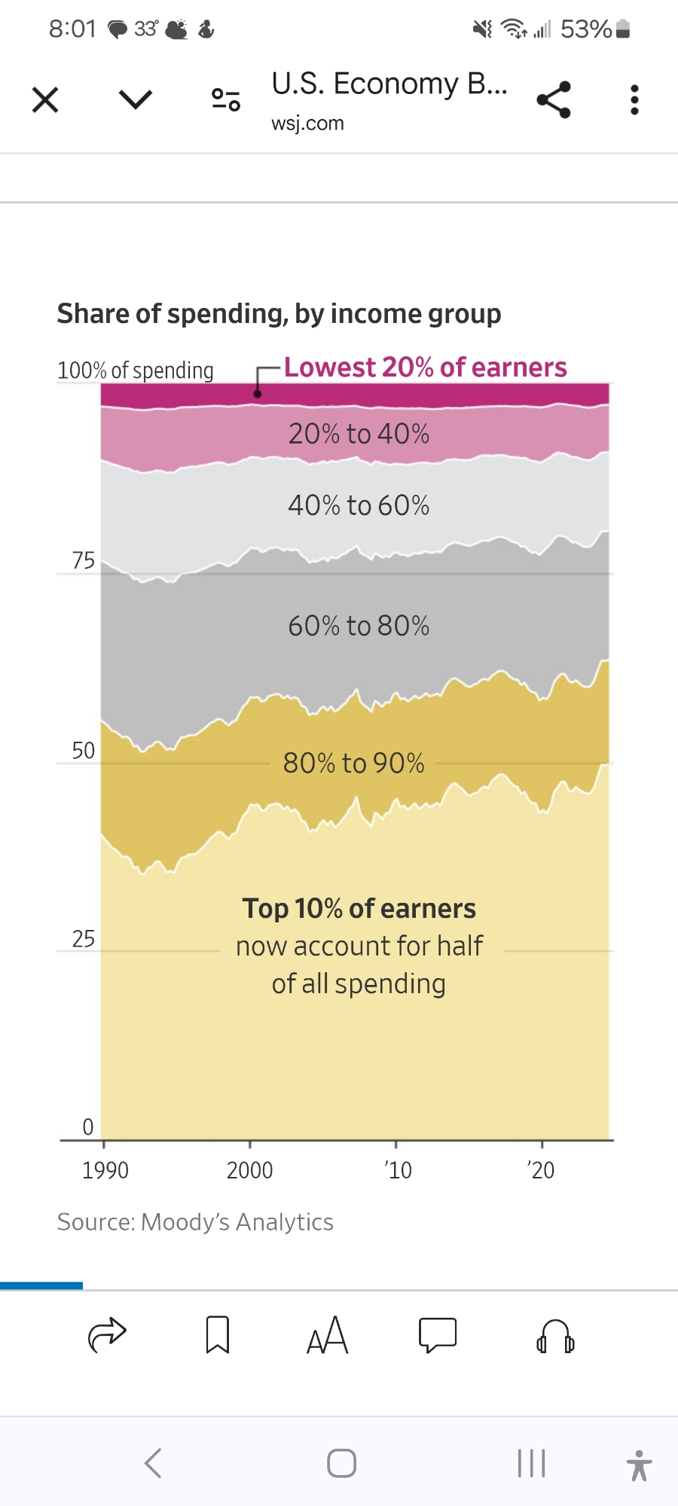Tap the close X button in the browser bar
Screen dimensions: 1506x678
[x=45, y=99]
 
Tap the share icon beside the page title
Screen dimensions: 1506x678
[x=554, y=99]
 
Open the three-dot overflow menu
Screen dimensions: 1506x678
[x=634, y=99]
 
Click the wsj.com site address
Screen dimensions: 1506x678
[x=307, y=123]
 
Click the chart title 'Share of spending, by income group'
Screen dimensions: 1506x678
[x=279, y=313]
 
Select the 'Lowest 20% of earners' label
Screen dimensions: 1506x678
[x=425, y=367]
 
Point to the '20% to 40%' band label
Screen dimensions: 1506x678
[x=359, y=434]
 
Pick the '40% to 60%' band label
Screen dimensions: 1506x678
[x=359, y=505]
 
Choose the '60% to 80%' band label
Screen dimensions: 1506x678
[x=359, y=626]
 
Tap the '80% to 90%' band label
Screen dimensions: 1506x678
[x=353, y=763]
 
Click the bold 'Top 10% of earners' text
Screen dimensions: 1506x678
[x=359, y=909]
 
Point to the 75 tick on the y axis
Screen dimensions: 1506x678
[x=84, y=561]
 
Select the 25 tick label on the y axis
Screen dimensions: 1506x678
[x=84, y=939]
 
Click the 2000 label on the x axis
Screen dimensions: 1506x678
[x=249, y=1170]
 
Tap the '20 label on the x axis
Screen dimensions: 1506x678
[x=540, y=1170]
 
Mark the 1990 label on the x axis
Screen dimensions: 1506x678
[x=105, y=1170]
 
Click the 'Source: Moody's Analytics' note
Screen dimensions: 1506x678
[x=195, y=1222]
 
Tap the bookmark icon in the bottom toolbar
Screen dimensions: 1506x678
[x=218, y=1335]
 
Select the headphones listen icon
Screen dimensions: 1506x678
[x=555, y=1337]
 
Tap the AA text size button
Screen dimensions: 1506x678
[x=328, y=1336]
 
